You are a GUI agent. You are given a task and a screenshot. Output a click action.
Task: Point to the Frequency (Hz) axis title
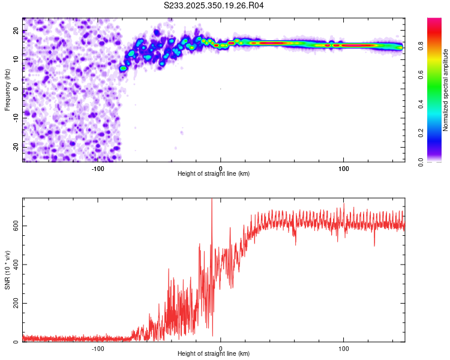[x=7, y=89]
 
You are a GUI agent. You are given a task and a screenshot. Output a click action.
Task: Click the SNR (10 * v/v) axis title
[x=7, y=270]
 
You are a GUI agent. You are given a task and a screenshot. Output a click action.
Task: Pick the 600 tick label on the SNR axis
[x=14, y=226]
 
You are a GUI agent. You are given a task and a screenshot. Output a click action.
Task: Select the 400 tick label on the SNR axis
[x=14, y=265]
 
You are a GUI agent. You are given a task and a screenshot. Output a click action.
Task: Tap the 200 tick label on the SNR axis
[x=14, y=304]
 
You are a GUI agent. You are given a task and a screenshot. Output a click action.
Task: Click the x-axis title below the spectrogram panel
[x=214, y=174]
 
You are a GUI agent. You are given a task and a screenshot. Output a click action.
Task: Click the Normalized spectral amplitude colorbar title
[x=445, y=90]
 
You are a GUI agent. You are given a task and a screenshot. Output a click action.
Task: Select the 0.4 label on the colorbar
[x=422, y=104]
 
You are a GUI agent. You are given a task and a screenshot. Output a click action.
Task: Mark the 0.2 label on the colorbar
[x=422, y=133]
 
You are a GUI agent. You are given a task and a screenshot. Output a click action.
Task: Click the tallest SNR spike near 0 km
[x=211, y=200]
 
